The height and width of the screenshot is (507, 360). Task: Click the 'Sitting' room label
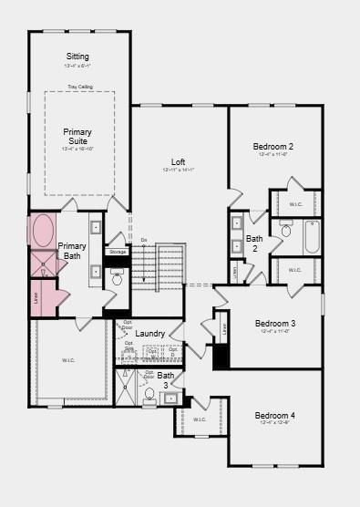pos(77,57)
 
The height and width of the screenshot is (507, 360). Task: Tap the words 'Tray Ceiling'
pos(79,87)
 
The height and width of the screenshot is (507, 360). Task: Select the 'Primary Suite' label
pos(77,137)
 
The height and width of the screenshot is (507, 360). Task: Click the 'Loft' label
pos(179,162)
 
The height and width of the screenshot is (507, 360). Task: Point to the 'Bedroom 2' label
pos(273,147)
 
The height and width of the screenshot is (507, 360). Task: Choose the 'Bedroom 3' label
pos(274,324)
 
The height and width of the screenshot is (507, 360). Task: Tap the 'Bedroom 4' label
pos(274,416)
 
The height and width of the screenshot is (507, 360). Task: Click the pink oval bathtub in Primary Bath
pos(43,231)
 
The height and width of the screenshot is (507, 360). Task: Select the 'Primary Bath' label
pos(72,251)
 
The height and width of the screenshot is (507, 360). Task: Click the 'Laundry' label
pos(150,334)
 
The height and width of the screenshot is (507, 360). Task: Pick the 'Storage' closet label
pos(117,252)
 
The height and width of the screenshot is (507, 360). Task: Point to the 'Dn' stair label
pos(143,240)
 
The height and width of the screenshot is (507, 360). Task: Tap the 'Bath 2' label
pos(254,243)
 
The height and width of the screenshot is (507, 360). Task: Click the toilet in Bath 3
pos(149,395)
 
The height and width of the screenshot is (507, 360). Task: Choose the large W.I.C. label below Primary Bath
pos(69,360)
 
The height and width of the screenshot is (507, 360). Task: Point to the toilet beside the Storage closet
pos(117,275)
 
